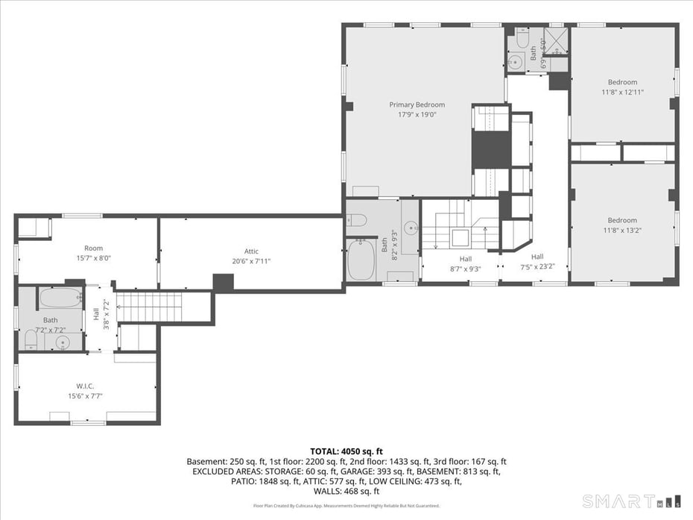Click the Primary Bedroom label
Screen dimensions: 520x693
click(417, 104)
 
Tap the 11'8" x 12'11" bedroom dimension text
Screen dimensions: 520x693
click(622, 92)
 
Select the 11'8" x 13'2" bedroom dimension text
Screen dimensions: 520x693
click(622, 230)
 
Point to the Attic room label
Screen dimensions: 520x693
click(251, 251)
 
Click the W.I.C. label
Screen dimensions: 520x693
click(85, 386)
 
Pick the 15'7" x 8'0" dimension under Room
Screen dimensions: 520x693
click(93, 257)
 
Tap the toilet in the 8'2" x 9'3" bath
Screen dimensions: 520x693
click(356, 219)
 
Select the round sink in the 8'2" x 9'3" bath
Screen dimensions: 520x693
click(410, 227)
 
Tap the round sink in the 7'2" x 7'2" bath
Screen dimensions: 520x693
click(63, 342)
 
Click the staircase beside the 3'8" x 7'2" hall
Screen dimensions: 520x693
click(149, 307)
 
